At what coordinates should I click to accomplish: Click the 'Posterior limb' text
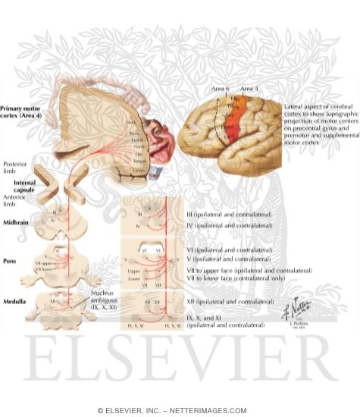pos(16,164)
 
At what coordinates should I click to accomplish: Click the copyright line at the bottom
pos(180,410)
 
